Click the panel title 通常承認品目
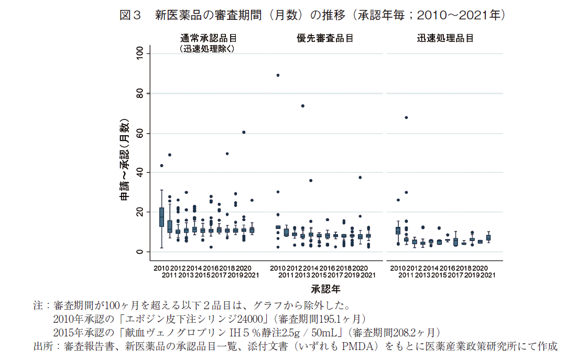point(208,38)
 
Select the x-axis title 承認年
point(326,288)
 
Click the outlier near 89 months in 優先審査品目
point(278,75)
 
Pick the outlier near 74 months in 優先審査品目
point(302,106)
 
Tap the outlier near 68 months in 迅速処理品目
point(406,117)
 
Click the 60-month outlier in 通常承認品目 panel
point(244,132)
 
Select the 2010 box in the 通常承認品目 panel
point(161,217)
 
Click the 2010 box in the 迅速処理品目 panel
point(398,231)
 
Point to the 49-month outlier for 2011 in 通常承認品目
point(170,155)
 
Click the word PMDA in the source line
point(361,346)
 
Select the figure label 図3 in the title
point(131,15)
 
